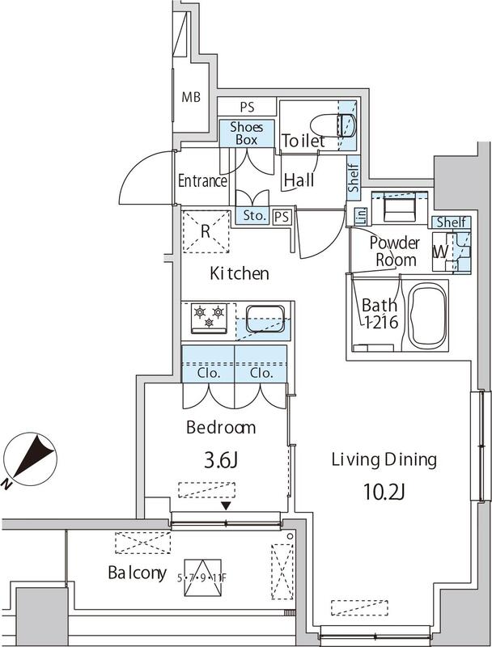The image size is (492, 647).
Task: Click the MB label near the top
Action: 191,97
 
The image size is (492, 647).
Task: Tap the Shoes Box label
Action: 247,133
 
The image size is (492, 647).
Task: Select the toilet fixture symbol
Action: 333,125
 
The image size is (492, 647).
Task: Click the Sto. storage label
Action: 254,215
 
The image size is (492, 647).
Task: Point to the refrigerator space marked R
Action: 206,231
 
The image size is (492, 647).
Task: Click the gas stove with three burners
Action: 209,318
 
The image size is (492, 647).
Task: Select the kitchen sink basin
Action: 265,319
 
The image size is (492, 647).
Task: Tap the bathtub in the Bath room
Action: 427,315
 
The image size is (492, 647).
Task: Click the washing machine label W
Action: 440,252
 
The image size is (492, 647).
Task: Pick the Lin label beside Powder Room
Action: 361,215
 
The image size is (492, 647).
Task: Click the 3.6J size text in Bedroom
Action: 221,460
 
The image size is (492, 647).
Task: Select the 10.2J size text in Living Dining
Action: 384,492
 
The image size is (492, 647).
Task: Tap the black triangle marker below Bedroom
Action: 225,505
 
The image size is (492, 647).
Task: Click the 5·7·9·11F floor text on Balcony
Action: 201,577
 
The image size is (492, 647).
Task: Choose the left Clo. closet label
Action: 209,373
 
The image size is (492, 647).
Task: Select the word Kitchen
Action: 240,273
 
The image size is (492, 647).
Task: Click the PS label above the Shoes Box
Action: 247,108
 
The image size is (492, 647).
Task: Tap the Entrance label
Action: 202,180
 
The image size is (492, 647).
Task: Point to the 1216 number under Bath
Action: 381,321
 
